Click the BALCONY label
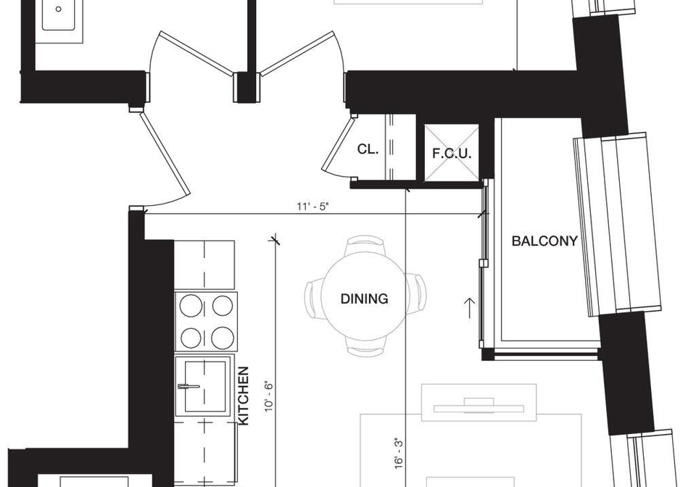pyautogui.click(x=544, y=241)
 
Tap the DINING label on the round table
pyautogui.click(x=364, y=299)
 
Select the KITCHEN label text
pyautogui.click(x=244, y=396)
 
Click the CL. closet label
pyautogui.click(x=368, y=149)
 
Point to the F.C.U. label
pyautogui.click(x=452, y=154)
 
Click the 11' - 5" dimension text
pyautogui.click(x=313, y=207)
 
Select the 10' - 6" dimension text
pyautogui.click(x=269, y=396)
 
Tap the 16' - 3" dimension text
pyautogui.click(x=399, y=453)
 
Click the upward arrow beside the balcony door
pyautogui.click(x=469, y=308)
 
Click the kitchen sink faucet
pyautogui.click(x=188, y=386)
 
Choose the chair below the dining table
pyautogui.click(x=365, y=347)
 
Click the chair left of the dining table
pyautogui.click(x=312, y=298)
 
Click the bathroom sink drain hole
pyautogui.click(x=58, y=9)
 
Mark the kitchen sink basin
pyautogui.click(x=204, y=386)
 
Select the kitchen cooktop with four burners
pyautogui.click(x=207, y=321)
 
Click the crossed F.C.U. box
pyautogui.click(x=452, y=153)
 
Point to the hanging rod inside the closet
pyautogui.click(x=391, y=146)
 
